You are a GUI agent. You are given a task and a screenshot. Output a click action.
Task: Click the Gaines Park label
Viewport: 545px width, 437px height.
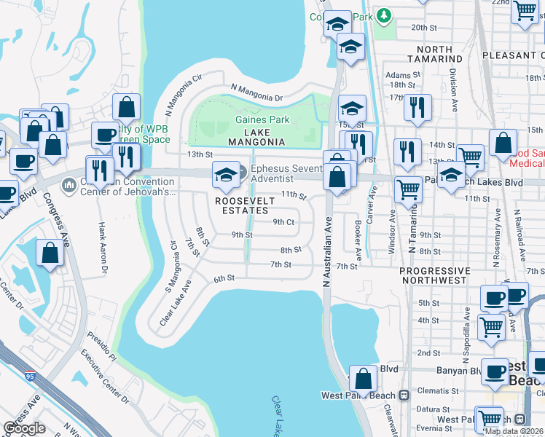coord(262,120)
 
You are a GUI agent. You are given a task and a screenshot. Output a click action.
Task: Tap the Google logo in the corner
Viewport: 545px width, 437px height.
coord(24,428)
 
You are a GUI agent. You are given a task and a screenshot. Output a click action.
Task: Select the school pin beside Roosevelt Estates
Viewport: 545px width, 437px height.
coord(226,175)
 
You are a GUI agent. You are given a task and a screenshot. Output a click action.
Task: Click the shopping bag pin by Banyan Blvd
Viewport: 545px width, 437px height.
coord(363,379)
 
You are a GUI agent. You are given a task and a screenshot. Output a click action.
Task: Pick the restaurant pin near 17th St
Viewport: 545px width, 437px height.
coord(417,106)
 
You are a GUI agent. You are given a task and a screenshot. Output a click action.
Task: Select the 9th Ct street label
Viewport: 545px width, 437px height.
coord(283,222)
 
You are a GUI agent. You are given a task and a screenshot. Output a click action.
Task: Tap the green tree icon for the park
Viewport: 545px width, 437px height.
coord(383,15)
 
